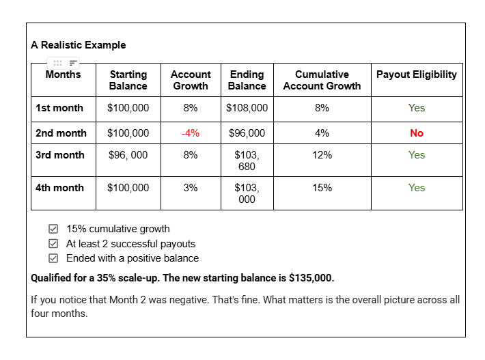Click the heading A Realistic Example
78,45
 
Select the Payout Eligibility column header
416,74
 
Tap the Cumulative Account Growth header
322,80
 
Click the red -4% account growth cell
190,133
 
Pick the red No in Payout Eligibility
417,133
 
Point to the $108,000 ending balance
247,108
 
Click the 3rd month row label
60,155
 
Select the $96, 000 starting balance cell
128,155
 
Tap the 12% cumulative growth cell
322,155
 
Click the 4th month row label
60,188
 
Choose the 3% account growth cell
191,188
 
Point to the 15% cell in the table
322,188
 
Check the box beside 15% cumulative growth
53,229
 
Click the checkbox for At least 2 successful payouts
53,244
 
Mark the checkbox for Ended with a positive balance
53,258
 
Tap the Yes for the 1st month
417,108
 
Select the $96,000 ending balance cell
247,133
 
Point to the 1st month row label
59,108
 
